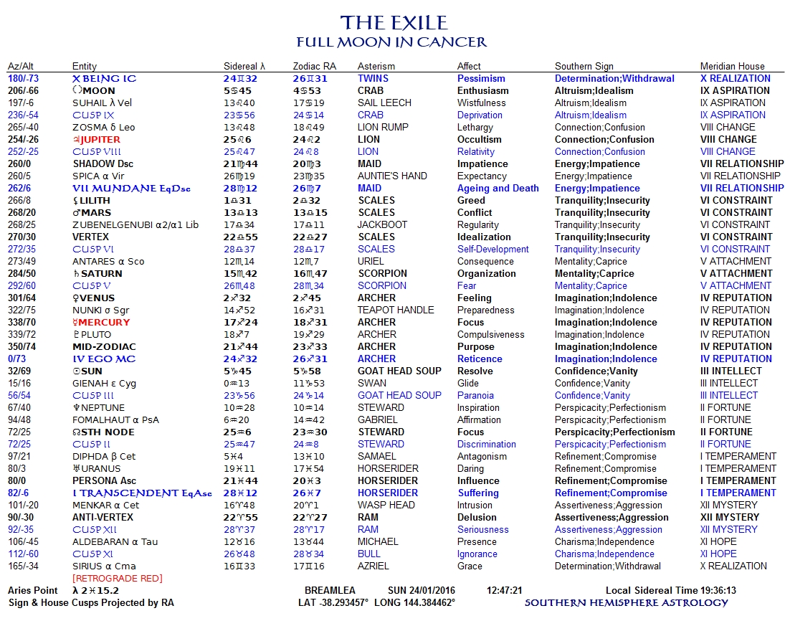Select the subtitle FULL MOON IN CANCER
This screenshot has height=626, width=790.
[392, 42]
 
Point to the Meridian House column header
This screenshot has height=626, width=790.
[732, 67]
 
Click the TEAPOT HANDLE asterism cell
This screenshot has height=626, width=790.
[396, 310]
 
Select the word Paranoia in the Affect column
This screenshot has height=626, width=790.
[475, 396]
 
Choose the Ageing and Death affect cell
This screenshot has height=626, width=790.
[498, 189]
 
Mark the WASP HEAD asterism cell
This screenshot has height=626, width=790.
[386, 506]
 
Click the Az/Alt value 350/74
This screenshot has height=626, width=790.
[22, 347]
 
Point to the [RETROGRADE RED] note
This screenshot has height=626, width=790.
[117, 579]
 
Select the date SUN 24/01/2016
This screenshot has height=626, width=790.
[422, 591]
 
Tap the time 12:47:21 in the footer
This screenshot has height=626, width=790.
[504, 591]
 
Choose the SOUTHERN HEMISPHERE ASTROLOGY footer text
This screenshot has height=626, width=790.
[626, 603]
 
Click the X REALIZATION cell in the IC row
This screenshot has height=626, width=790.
[735, 79]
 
